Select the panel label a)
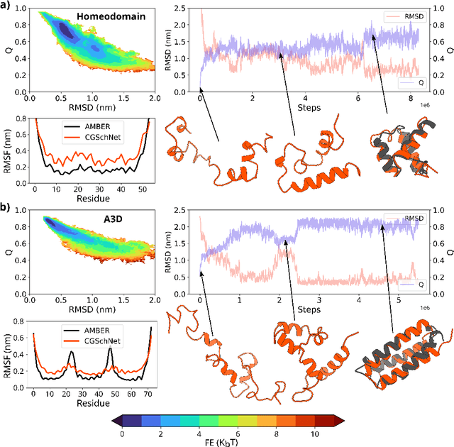pyautogui.click(x=8, y=6)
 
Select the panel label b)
pyautogui.click(x=8, y=209)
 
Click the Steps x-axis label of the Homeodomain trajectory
pyautogui.click(x=309, y=108)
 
